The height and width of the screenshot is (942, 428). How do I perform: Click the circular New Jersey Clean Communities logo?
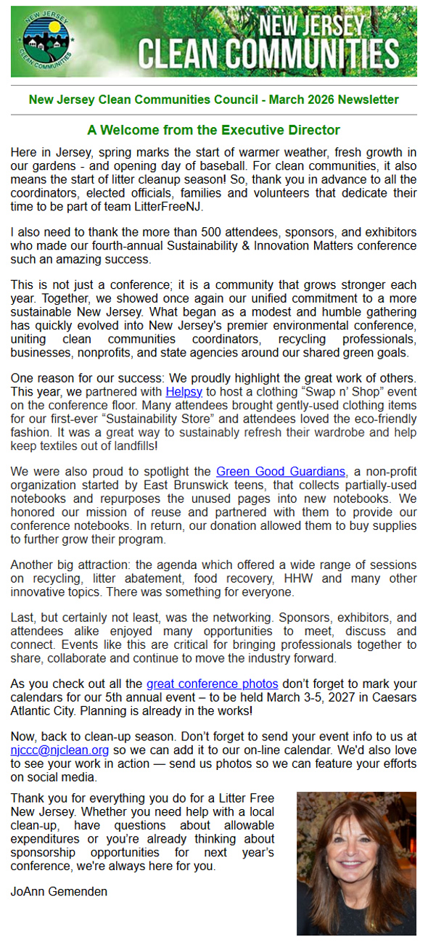[46, 41]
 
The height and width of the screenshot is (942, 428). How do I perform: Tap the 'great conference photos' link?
[213, 684]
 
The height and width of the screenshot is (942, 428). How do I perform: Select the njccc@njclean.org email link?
[59, 750]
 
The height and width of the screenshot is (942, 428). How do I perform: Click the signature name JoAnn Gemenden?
[59, 890]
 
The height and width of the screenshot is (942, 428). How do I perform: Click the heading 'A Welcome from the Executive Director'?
[213, 131]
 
